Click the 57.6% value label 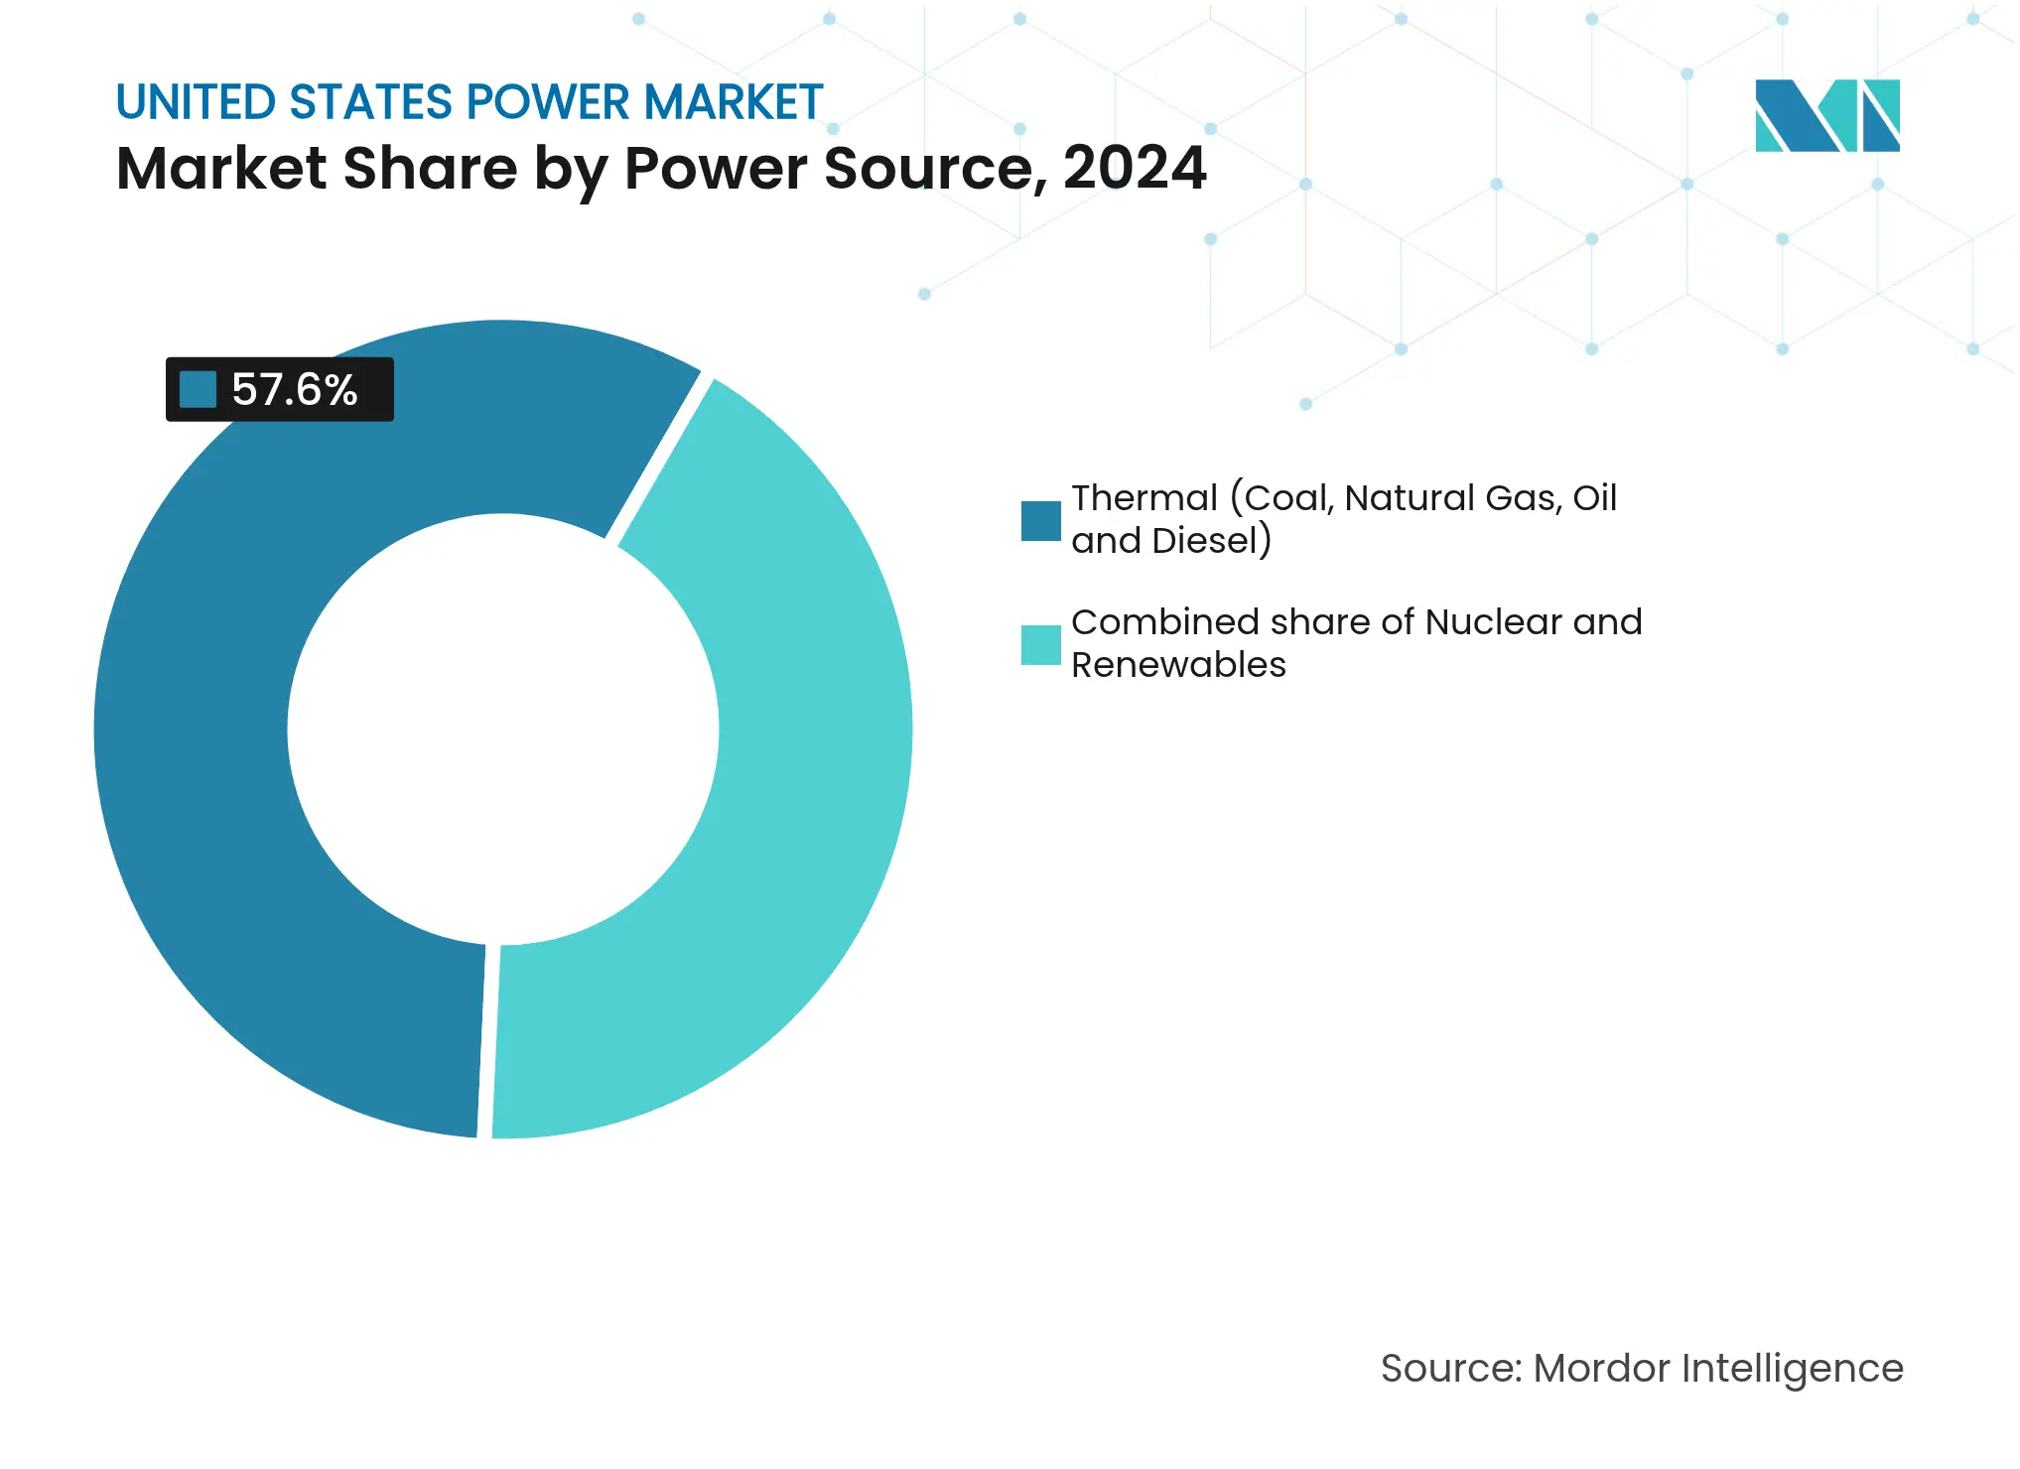coord(294,389)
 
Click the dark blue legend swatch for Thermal coord(1040,521)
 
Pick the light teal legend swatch coord(1040,645)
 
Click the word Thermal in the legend coord(1144,498)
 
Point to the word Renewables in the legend coord(1177,665)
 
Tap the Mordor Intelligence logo coord(1826,116)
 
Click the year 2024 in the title coord(1134,168)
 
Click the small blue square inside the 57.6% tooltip coord(198,389)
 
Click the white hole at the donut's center coord(503,730)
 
